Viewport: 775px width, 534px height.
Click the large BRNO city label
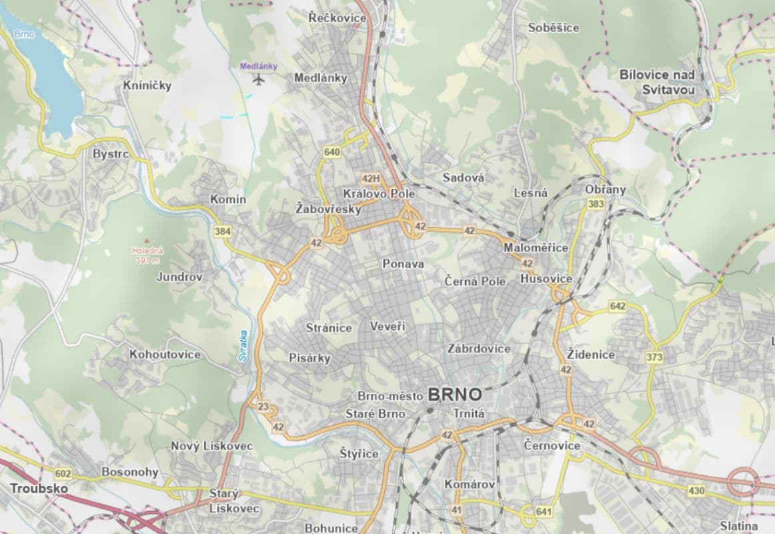tap(455, 394)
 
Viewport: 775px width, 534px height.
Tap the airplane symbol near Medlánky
tap(259, 80)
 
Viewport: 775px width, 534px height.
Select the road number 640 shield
tap(331, 152)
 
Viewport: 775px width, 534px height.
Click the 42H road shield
tap(370, 178)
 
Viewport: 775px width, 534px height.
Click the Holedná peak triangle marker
tap(146, 242)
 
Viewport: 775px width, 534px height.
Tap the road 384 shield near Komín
tap(223, 231)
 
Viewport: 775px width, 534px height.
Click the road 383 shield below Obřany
tap(596, 204)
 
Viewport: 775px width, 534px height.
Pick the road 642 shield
tap(618, 306)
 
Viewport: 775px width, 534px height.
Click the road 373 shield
tap(654, 358)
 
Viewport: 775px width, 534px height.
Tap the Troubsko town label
tap(39, 489)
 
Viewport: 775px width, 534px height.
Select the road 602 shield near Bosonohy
tap(63, 474)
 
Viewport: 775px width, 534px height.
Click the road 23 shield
tap(263, 407)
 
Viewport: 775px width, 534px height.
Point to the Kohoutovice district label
tap(165, 354)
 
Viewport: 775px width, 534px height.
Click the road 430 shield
tap(696, 491)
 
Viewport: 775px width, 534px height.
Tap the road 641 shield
tap(544, 512)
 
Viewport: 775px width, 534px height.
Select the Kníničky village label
tap(147, 85)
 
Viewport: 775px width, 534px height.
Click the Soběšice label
tap(554, 28)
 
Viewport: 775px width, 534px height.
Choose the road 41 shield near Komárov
tap(456, 510)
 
